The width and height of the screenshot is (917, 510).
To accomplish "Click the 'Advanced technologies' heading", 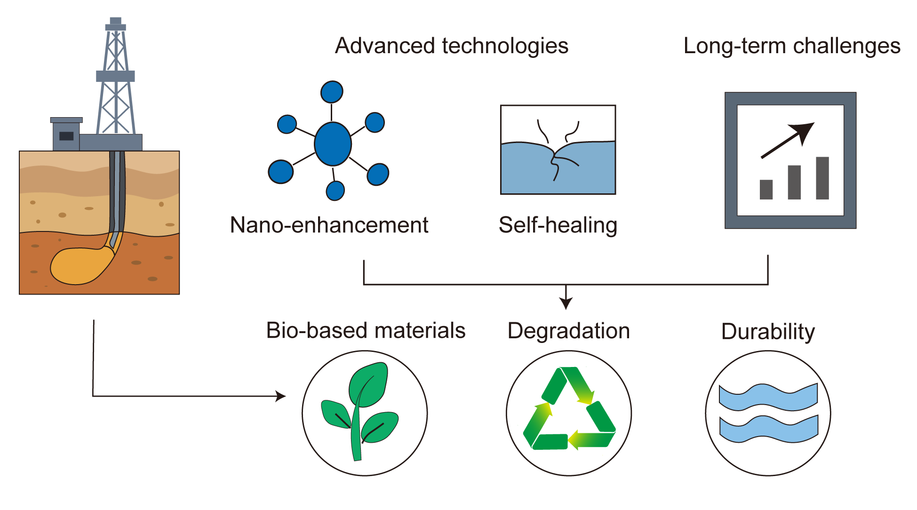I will [x=452, y=46].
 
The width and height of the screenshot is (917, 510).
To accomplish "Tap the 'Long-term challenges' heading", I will [x=792, y=46].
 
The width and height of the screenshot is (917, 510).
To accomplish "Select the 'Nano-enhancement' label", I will [x=329, y=225].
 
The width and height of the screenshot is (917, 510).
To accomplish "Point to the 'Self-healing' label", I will [x=558, y=225].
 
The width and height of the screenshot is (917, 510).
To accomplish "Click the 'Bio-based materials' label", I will [x=366, y=330].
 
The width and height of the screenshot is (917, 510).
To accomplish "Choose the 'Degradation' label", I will [x=568, y=331].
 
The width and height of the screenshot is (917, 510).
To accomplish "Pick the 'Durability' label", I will [x=768, y=331].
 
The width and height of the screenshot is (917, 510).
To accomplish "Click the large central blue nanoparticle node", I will [x=333, y=144].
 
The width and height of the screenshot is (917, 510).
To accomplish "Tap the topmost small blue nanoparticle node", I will [x=332, y=92].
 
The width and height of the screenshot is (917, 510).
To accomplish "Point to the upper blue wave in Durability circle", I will [x=768, y=397].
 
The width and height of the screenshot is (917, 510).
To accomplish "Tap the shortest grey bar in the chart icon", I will [x=766, y=189].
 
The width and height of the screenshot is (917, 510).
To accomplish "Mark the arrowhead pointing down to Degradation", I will [x=566, y=303].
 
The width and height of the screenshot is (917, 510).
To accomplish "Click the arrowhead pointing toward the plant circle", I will [x=281, y=396].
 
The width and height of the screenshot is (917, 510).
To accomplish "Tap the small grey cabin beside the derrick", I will [x=66, y=135].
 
